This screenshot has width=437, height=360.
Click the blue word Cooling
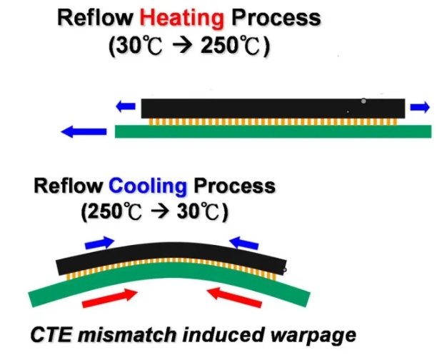click(x=148, y=187)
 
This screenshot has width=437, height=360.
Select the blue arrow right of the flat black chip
click(x=420, y=107)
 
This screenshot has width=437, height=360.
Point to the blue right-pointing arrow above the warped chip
click(x=99, y=244)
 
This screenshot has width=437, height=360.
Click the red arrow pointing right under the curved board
click(x=111, y=298)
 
